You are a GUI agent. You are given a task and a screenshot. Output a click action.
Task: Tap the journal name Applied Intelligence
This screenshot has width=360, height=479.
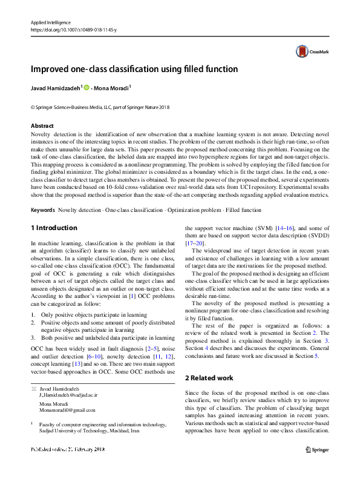[50, 22]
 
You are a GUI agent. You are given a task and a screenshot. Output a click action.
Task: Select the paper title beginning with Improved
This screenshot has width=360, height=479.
[134, 69]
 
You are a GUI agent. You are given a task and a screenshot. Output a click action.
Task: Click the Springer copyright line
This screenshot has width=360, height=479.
[92, 107]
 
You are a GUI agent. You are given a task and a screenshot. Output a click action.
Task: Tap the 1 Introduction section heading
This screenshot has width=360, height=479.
[54, 228]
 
